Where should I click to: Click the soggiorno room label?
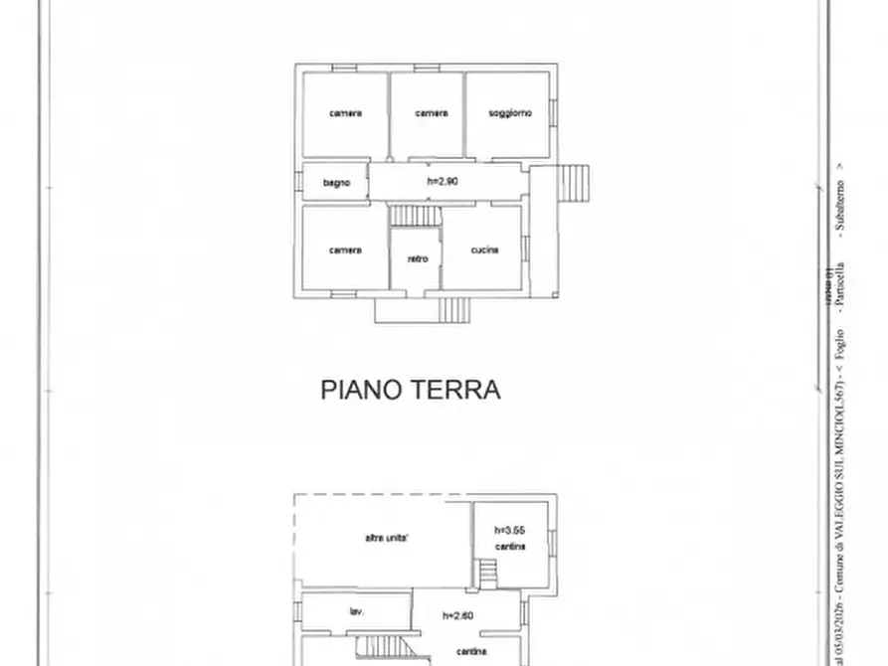509,113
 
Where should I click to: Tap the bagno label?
336,183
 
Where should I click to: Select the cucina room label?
484,250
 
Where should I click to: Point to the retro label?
418,259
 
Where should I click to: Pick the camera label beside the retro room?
345,250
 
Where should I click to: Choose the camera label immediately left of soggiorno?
431,113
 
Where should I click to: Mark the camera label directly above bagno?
345,113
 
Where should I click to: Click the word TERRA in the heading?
456,390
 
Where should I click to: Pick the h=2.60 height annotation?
458,615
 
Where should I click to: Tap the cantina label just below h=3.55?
512,548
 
